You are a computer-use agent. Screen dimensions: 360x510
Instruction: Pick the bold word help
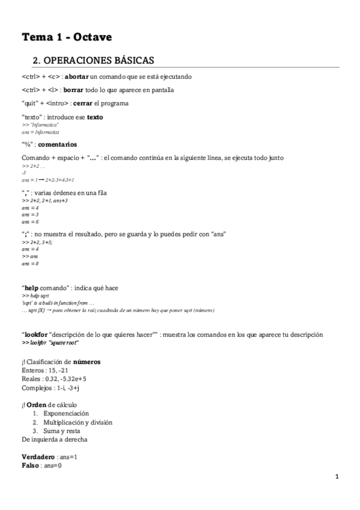(x=32, y=287)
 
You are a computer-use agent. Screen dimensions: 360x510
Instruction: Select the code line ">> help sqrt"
(x=35, y=296)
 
